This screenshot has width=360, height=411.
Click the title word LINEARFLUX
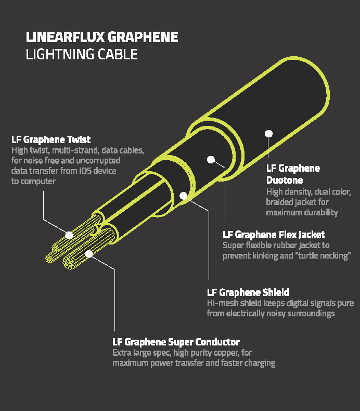65,37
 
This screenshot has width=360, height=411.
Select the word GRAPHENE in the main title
143,37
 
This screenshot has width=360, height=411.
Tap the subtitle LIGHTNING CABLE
82,54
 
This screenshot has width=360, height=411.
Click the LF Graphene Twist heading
51,139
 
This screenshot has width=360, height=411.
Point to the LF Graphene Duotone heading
293,174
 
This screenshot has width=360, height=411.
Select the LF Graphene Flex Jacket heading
274,235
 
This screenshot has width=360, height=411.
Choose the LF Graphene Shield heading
248,292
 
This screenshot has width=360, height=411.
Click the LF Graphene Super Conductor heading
176,342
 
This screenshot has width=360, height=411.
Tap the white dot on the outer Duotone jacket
268,133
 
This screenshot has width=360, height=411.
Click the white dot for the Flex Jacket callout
211,159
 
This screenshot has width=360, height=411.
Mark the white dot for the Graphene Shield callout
184,196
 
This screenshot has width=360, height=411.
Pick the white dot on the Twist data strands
69,235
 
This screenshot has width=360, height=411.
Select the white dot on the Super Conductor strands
89,254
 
